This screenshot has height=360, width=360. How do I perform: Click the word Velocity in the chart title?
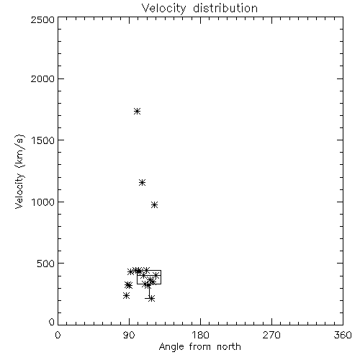click(x=163, y=9)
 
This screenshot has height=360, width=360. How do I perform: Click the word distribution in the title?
click(x=225, y=8)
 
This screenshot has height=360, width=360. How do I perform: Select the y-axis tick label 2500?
click(x=42, y=19)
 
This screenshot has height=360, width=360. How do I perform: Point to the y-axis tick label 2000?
click(x=42, y=78)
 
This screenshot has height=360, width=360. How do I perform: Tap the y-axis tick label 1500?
click(x=43, y=140)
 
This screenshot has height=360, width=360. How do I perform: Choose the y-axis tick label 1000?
click(x=43, y=202)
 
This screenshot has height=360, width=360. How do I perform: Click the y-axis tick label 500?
click(x=46, y=264)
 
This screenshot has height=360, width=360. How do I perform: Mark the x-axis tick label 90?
click(x=129, y=335)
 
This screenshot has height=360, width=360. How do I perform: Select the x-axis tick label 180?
click(x=200, y=335)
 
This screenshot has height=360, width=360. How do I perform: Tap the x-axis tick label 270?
click(x=271, y=335)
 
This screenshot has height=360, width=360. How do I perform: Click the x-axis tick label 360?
click(x=343, y=335)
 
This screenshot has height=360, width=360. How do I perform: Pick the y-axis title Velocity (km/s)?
click(x=19, y=171)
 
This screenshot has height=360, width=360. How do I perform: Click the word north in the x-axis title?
click(x=229, y=347)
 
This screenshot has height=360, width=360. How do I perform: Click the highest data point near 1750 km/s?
click(x=137, y=111)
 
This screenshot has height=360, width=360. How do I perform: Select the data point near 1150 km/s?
click(x=143, y=183)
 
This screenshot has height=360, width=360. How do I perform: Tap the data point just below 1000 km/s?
click(x=155, y=205)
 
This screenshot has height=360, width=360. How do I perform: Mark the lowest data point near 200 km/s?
click(x=151, y=299)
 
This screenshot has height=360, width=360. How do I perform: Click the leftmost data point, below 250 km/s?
click(x=126, y=296)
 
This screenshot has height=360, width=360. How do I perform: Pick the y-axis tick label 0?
click(x=52, y=322)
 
